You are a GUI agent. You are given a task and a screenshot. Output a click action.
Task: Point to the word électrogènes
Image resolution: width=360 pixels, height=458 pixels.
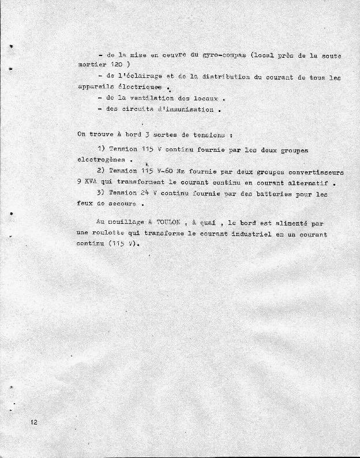click(101, 160)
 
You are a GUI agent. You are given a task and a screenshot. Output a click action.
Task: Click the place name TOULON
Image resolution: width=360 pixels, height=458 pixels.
click(168, 223)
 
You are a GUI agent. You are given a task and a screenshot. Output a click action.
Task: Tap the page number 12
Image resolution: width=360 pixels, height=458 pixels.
click(35, 423)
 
